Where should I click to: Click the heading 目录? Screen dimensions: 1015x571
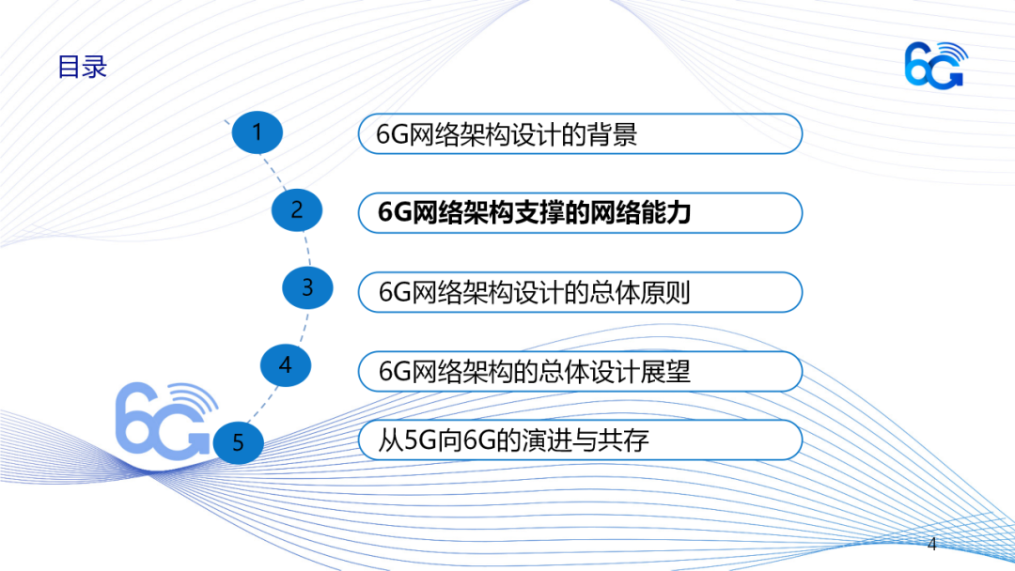82,67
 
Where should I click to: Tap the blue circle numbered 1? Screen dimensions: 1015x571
257,132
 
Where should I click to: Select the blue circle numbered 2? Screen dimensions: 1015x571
296,210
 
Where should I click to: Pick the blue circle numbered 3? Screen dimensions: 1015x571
307,287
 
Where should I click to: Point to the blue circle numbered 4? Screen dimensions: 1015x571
286,365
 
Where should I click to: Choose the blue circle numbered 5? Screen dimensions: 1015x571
238,443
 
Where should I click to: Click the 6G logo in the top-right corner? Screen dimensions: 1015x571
936,65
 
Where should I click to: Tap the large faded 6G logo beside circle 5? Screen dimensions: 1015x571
165,421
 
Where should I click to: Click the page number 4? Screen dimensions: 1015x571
932,545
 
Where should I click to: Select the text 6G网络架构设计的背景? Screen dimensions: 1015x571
507,134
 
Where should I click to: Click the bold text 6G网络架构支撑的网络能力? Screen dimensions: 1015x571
535,213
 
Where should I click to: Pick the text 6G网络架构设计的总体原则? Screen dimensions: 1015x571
535,292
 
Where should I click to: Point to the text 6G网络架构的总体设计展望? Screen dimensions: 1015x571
535,372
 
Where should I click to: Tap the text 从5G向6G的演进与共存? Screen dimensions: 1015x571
513,440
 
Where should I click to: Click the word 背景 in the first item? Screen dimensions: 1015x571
612,134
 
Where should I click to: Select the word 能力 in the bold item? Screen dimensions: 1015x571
665,213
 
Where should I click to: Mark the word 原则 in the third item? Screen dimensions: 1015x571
665,292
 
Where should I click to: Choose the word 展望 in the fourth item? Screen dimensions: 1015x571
665,372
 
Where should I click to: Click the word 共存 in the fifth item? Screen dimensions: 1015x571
623,440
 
